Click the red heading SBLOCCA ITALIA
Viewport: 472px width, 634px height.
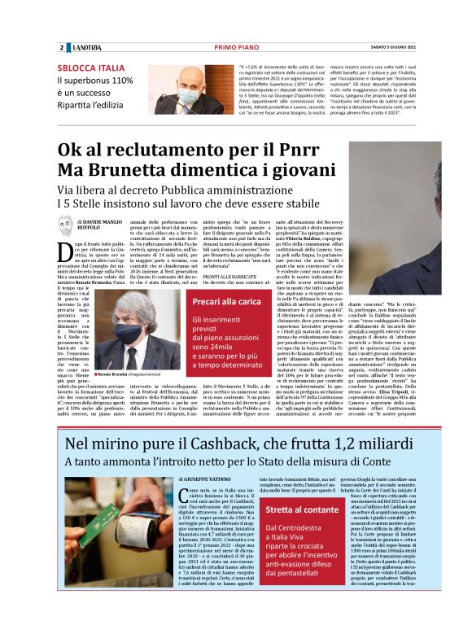91,68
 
